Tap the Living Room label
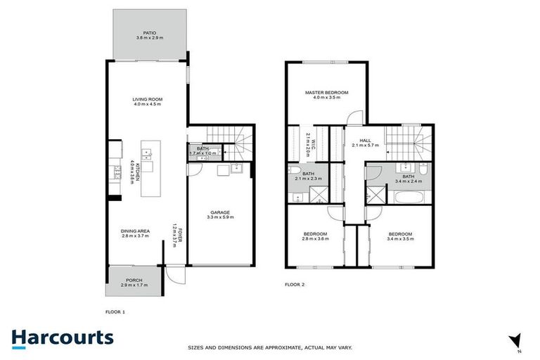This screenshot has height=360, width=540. (148, 100)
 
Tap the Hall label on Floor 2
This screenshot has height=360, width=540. (364, 140)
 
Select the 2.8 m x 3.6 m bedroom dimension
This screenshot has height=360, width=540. (315, 239)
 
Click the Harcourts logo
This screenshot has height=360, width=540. (62, 337)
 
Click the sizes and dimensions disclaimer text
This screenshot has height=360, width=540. (270, 347)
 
